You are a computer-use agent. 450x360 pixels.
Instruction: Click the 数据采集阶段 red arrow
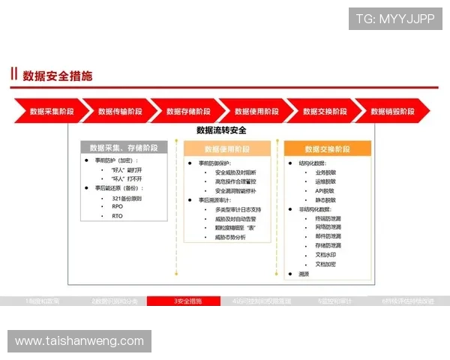[x=51, y=111]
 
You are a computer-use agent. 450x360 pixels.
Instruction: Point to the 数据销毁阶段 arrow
[x=391, y=111]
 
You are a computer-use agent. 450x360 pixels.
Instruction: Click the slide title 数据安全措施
[x=58, y=75]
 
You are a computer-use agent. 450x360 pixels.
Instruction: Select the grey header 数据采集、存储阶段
[x=124, y=148]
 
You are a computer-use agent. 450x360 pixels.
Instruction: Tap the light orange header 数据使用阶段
[x=227, y=148]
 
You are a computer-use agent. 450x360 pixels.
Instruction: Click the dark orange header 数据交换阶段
[x=328, y=148]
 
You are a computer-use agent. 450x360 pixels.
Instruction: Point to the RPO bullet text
[x=117, y=206]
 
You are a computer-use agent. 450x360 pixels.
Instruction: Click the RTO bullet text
[x=117, y=216]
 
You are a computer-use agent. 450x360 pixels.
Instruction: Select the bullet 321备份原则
[x=126, y=197]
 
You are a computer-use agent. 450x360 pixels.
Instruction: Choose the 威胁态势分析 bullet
[x=230, y=237]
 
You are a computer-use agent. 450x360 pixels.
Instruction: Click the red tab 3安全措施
[x=184, y=301]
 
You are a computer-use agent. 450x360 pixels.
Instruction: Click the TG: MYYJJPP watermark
[x=395, y=18]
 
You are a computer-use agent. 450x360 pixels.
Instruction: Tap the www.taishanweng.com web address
[x=79, y=341]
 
